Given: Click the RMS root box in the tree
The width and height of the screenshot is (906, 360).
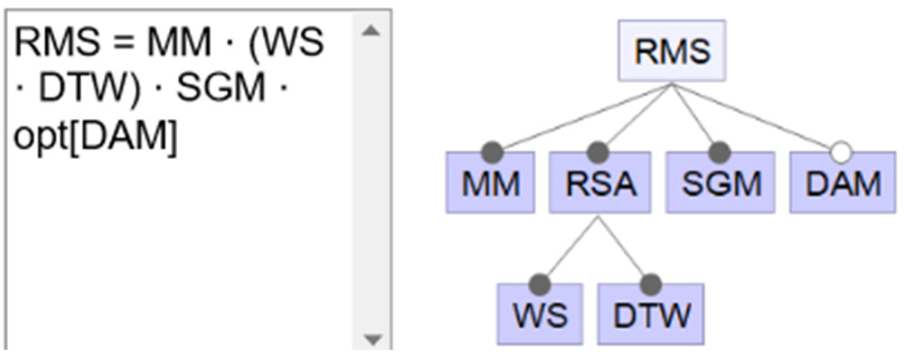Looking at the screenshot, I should [x=672, y=51].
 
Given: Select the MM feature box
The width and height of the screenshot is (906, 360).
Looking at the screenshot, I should [x=490, y=183].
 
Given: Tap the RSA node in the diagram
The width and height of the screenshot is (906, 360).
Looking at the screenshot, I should [x=600, y=183].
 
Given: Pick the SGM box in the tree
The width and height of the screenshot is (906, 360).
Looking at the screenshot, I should [x=721, y=183].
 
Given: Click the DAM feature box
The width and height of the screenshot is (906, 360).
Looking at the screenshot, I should [x=843, y=183].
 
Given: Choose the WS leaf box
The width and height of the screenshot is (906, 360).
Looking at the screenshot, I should [x=540, y=315].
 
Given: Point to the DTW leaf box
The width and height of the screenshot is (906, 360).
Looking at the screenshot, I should [x=651, y=315].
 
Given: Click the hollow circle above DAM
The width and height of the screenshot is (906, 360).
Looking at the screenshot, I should [x=841, y=153].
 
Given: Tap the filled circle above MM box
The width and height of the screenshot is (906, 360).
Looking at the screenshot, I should [x=493, y=152].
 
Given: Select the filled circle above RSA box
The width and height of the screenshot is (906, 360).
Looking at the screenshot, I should [x=598, y=152].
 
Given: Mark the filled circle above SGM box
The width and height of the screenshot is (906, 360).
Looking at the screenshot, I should [x=720, y=152].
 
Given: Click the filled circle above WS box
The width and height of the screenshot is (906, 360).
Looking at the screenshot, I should [x=540, y=284].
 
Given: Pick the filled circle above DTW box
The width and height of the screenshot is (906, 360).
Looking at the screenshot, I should [x=651, y=284].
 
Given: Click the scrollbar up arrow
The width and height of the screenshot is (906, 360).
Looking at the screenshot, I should [x=371, y=31].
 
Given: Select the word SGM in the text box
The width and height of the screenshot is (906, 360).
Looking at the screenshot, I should [x=220, y=88].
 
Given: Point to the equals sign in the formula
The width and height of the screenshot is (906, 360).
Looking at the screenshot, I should [x=123, y=42].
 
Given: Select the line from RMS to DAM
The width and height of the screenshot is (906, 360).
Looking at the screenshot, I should [x=760, y=120].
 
